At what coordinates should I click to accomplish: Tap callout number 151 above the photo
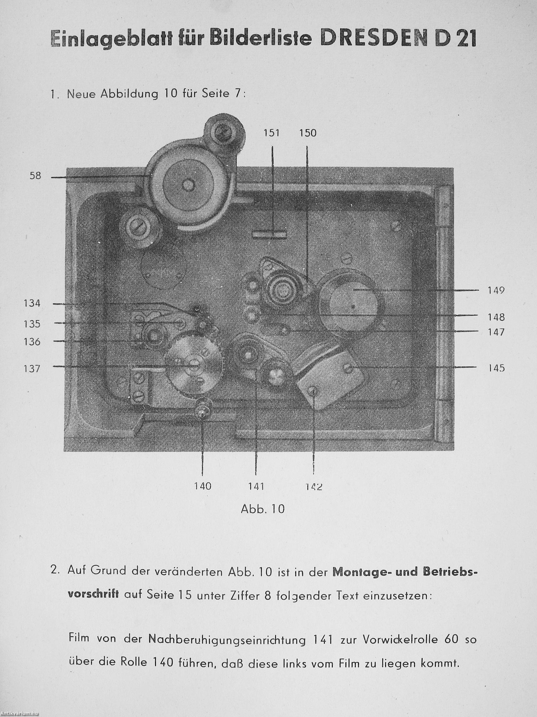pos(271,133)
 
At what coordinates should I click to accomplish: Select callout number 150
pos(308,133)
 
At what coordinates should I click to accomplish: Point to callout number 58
pos(35,176)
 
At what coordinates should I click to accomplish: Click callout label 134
pos(32,304)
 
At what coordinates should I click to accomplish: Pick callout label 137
pos(32,369)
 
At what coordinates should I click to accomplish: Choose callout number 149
pos(496,290)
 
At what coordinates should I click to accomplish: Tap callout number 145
pos(496,368)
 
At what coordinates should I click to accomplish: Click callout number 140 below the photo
pos(203,486)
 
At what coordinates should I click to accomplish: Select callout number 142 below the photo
pos(314,487)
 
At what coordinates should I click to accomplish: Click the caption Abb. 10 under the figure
pos(263,509)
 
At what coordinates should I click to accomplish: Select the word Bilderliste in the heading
pos(261,39)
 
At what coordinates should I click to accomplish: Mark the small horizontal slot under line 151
pos(269,234)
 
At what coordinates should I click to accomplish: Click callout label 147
pos(496,332)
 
